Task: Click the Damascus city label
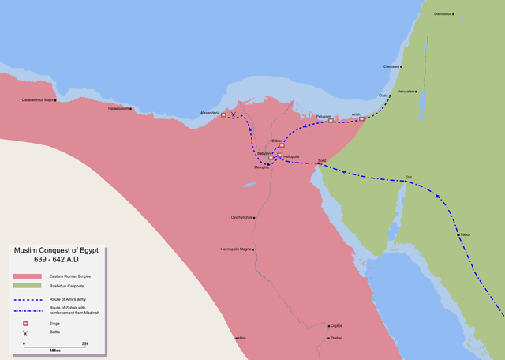click(x=444, y=14)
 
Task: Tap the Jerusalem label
click(x=406, y=92)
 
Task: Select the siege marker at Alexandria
click(x=223, y=115)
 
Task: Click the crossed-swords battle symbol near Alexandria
click(x=233, y=116)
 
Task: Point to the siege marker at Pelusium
click(x=331, y=120)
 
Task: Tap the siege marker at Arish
click(x=362, y=119)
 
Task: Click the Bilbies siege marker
click(x=281, y=145)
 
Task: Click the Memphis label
click(x=262, y=167)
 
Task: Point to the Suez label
click(x=321, y=160)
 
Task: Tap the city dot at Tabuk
click(x=457, y=234)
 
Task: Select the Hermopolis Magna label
click(x=235, y=249)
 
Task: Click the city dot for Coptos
click(x=329, y=325)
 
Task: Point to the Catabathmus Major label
click(x=38, y=100)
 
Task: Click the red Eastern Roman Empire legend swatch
click(x=28, y=276)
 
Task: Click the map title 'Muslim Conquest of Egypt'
click(x=58, y=250)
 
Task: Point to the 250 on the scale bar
click(x=85, y=343)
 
